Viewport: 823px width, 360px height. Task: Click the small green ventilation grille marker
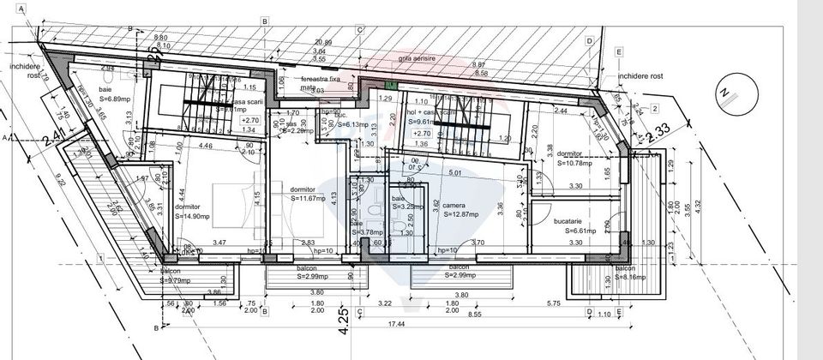tap(392, 85)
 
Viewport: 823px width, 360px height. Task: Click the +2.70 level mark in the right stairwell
tap(421, 133)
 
